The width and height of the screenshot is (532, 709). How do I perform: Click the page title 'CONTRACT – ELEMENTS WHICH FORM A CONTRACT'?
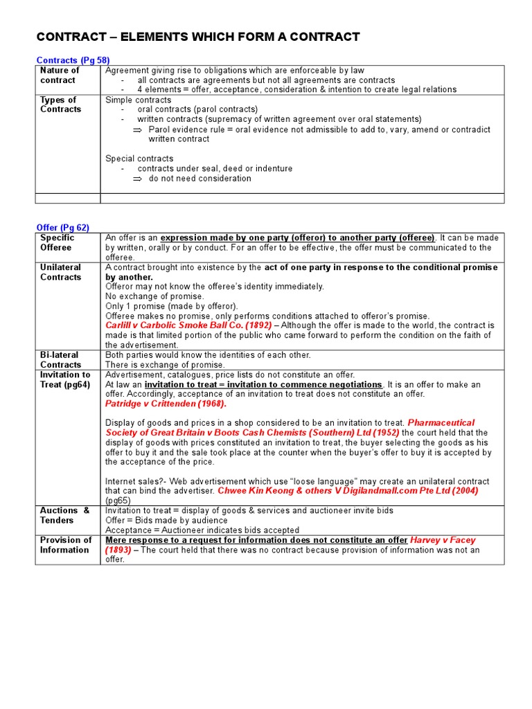[197, 37]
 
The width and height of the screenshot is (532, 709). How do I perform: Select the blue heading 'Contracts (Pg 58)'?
[73, 60]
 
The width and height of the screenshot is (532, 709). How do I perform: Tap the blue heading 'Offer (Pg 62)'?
[62, 227]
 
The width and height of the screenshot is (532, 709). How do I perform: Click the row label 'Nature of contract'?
[60, 75]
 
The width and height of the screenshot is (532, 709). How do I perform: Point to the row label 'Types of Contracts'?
[60, 105]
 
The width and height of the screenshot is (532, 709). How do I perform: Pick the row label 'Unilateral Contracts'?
[60, 272]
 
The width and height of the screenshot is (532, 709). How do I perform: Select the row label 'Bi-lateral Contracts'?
[60, 359]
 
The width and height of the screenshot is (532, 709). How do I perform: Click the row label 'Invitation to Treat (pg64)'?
[65, 379]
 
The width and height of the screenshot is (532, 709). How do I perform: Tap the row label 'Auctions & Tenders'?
[64, 515]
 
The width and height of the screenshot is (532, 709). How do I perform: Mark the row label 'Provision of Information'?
[65, 545]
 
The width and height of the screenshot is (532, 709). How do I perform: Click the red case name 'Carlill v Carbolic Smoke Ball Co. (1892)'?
[188, 325]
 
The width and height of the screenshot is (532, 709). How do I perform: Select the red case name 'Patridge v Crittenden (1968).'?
[166, 404]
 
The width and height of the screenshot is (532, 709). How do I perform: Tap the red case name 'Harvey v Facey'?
[443, 540]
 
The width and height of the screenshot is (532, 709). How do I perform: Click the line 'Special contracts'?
[139, 159]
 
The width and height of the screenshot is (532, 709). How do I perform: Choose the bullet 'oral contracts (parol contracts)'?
[197, 109]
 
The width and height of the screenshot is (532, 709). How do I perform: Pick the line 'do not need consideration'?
[199, 179]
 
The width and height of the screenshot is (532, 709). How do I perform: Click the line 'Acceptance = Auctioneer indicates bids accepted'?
[202, 530]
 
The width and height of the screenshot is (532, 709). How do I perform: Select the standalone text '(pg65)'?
[118, 500]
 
